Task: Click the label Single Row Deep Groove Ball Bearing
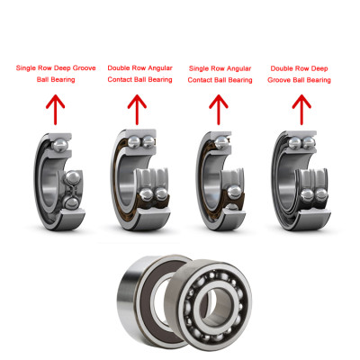55,73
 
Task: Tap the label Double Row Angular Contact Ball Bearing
139,73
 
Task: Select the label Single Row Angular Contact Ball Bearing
220,74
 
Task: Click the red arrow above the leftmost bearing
55,110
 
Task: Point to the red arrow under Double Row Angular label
138,110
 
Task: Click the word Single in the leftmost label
30,67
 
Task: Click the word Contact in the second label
123,79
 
